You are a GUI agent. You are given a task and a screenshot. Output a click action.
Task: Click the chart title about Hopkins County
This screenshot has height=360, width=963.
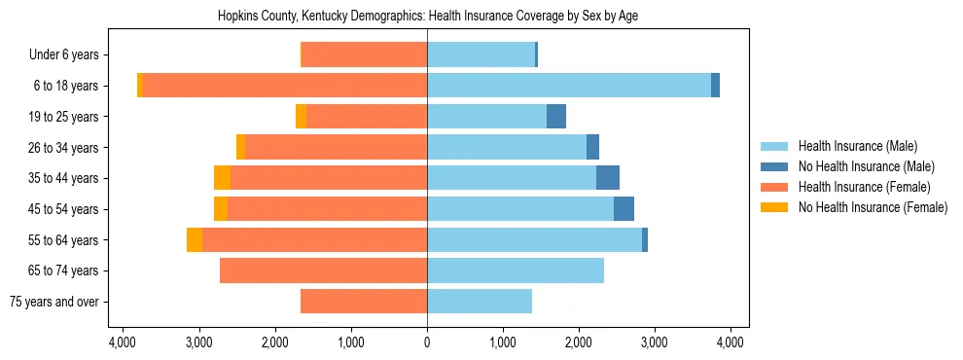(427, 17)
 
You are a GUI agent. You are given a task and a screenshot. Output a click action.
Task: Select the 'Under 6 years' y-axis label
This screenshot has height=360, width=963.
(64, 55)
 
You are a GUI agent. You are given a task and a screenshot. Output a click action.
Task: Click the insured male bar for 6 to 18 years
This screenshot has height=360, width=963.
(569, 86)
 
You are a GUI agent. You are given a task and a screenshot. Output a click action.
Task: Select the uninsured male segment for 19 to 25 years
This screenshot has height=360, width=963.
(556, 117)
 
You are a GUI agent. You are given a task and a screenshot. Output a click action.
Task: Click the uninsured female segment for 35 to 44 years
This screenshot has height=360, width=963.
(222, 178)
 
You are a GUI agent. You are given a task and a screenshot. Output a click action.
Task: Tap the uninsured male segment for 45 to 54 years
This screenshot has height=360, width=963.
(624, 209)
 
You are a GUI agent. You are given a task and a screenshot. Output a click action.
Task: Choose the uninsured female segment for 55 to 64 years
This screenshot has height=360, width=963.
(195, 240)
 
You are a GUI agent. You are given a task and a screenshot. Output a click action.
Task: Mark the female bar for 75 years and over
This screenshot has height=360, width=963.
(364, 302)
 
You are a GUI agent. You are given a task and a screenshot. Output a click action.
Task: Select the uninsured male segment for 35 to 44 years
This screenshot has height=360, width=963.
(608, 178)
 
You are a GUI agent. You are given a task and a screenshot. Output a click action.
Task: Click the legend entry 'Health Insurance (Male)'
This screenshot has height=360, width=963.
(857, 146)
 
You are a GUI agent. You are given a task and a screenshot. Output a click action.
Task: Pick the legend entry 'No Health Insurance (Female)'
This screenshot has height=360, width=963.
(873, 207)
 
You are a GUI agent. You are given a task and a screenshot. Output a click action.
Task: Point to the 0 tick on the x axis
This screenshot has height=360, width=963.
(427, 342)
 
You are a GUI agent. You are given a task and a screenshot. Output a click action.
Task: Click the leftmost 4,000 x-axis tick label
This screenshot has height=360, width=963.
(123, 342)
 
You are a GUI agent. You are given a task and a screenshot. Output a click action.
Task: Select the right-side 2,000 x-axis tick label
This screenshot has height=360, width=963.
(579, 342)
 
